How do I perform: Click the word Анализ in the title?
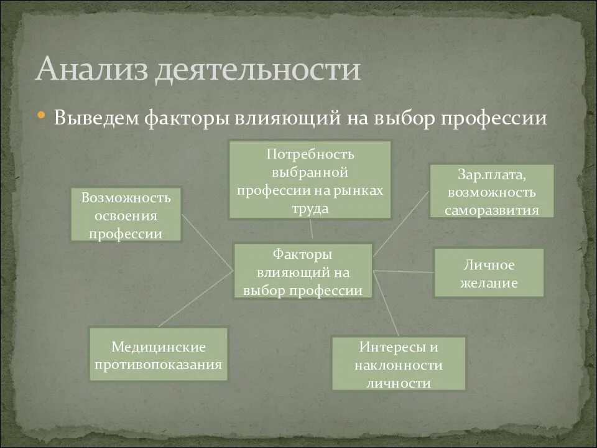point(92,70)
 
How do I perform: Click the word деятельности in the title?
point(257,70)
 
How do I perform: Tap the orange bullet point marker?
point(42,116)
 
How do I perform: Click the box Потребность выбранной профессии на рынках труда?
point(310,180)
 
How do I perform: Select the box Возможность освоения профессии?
point(126,215)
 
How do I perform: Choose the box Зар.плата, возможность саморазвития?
point(491,191)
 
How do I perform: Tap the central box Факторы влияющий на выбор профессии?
point(303,271)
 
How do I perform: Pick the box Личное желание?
point(488,273)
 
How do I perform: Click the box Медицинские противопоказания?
point(158,355)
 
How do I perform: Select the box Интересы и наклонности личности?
point(399,363)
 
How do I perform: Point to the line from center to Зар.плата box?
point(401,223)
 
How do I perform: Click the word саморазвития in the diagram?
point(491,210)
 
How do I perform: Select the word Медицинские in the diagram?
point(159,347)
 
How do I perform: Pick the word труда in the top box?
point(310,208)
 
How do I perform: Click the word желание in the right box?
point(488,283)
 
